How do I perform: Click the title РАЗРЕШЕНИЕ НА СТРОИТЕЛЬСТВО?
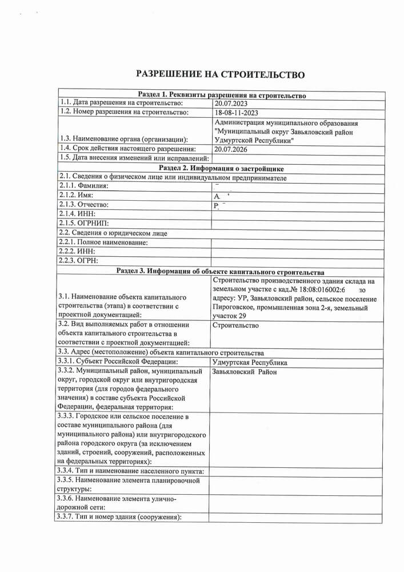[x=219, y=74]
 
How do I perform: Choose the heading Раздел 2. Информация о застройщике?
[x=221, y=168]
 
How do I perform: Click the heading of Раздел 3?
[x=221, y=272]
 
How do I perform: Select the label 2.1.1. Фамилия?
[x=83, y=186]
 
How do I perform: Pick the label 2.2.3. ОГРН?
[x=78, y=261]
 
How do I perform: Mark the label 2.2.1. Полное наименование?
[x=103, y=243]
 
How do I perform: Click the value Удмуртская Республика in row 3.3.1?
[x=249, y=363]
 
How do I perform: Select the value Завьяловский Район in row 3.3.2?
[x=244, y=372]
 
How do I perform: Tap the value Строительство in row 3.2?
[x=235, y=326]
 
